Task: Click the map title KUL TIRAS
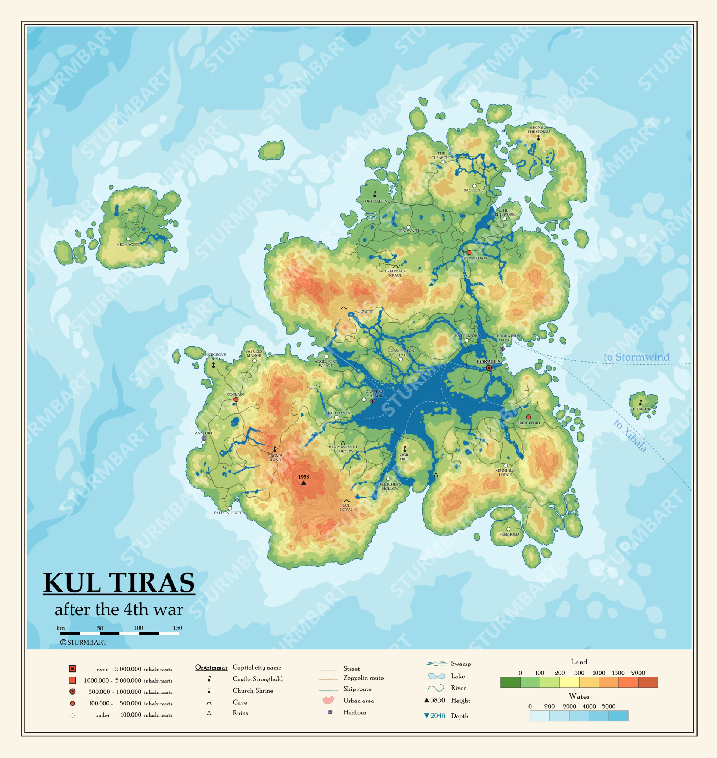point(119,583)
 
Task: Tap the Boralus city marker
point(489,368)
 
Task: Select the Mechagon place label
point(127,244)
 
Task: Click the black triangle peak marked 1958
point(304,483)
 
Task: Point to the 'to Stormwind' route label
point(636,357)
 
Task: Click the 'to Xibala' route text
point(630,436)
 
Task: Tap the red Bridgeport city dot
point(528,417)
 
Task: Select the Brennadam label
point(474,258)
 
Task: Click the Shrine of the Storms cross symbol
point(538,138)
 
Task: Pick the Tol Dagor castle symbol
point(640,403)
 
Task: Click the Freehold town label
point(509,534)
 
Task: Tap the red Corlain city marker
point(236,400)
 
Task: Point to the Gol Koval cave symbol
point(346,501)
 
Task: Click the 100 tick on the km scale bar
point(139,628)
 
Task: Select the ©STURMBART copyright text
point(83,642)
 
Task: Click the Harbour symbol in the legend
point(330,712)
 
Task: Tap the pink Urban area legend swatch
point(328,700)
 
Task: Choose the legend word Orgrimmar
point(211,667)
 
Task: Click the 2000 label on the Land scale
point(638,673)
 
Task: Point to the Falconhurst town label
point(228,513)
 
